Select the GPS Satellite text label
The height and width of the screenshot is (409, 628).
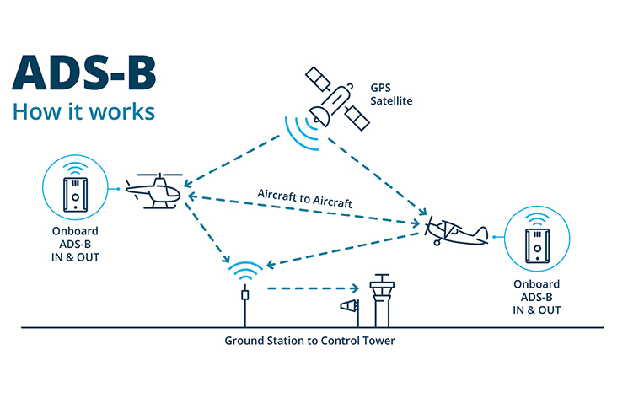tap(390, 94)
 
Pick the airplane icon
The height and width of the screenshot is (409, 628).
tap(455, 229)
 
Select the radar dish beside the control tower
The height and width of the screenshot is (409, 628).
tap(347, 307)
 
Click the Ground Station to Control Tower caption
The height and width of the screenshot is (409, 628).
tap(309, 342)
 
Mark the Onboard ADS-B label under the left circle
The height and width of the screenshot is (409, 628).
tap(75, 244)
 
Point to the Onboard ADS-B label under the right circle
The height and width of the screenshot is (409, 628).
tap(536, 296)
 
